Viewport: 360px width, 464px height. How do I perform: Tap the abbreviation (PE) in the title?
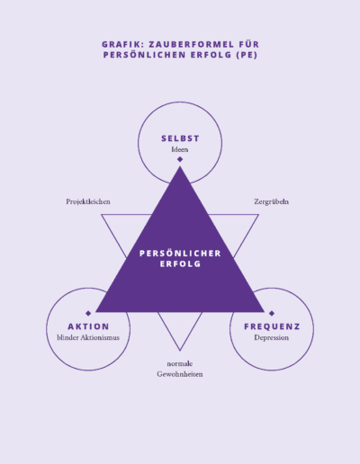pos(247,55)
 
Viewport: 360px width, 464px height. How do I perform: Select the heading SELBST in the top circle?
pos(180,138)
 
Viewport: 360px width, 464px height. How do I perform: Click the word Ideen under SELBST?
pos(180,149)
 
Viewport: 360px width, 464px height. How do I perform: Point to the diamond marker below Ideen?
pos(180,159)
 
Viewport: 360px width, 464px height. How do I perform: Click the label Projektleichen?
pos(88,201)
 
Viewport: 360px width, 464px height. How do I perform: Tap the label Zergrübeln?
pos(272,201)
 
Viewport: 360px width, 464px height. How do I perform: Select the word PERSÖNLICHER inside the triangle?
pos(180,254)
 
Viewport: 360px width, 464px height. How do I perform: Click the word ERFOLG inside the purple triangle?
pos(180,264)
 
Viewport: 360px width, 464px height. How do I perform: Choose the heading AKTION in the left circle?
pos(88,326)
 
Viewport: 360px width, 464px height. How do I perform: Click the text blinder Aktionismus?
pos(88,337)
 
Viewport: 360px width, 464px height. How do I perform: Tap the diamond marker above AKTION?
pos(88,313)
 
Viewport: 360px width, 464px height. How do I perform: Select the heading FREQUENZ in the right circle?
pos(272,326)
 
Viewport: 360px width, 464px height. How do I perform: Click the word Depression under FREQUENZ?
pos(272,337)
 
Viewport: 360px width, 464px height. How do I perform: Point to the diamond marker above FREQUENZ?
pos(272,313)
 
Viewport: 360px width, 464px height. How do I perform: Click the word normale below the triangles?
pos(180,363)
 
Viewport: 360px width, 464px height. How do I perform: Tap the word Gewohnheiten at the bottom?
pos(180,374)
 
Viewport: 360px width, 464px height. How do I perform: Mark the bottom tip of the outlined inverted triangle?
pos(180,351)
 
